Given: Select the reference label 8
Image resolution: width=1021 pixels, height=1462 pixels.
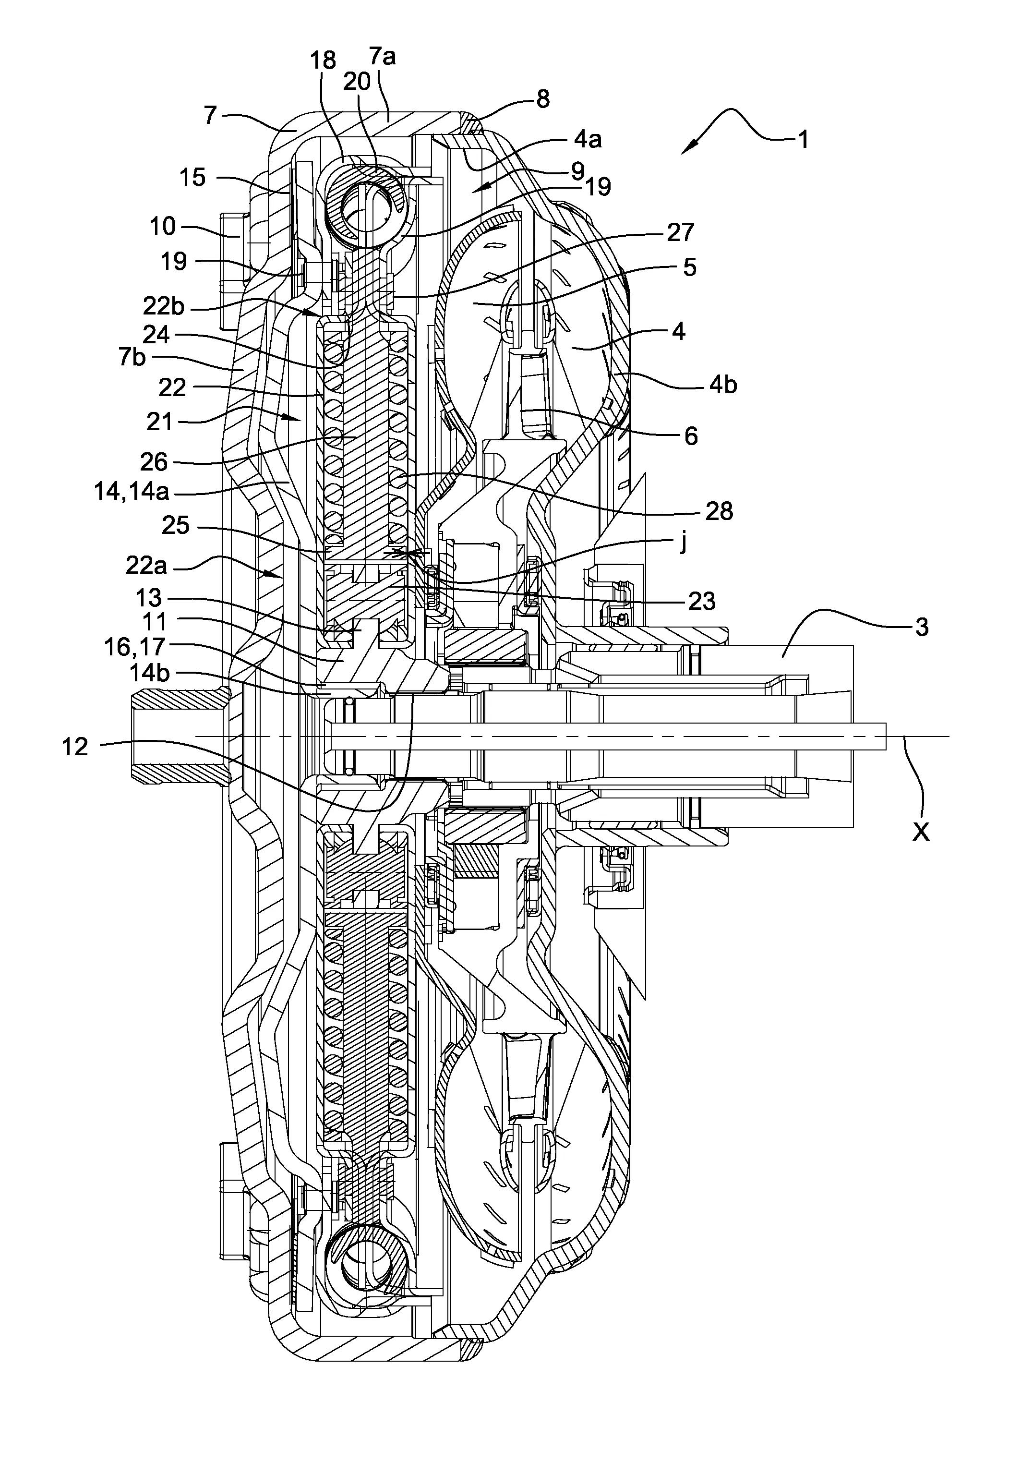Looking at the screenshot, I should coord(542,99).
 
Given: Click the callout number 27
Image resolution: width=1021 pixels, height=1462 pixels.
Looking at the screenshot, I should coord(680,232).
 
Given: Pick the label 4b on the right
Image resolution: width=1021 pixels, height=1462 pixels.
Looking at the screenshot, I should coord(723,385).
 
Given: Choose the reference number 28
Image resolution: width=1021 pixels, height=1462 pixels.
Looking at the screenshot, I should coord(719,511).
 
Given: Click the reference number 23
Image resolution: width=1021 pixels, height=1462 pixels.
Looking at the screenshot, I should coord(701,601).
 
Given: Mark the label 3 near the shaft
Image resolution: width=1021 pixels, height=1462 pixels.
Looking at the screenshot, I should coord(921,627).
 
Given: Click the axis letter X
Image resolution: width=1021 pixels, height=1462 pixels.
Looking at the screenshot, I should coord(920,831).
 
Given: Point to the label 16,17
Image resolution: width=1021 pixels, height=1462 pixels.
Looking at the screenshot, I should coord(135,646).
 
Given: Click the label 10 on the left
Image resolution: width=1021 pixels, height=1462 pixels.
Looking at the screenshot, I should coord(162,226).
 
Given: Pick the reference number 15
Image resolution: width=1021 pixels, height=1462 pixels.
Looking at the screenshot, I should coord(192,177).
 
